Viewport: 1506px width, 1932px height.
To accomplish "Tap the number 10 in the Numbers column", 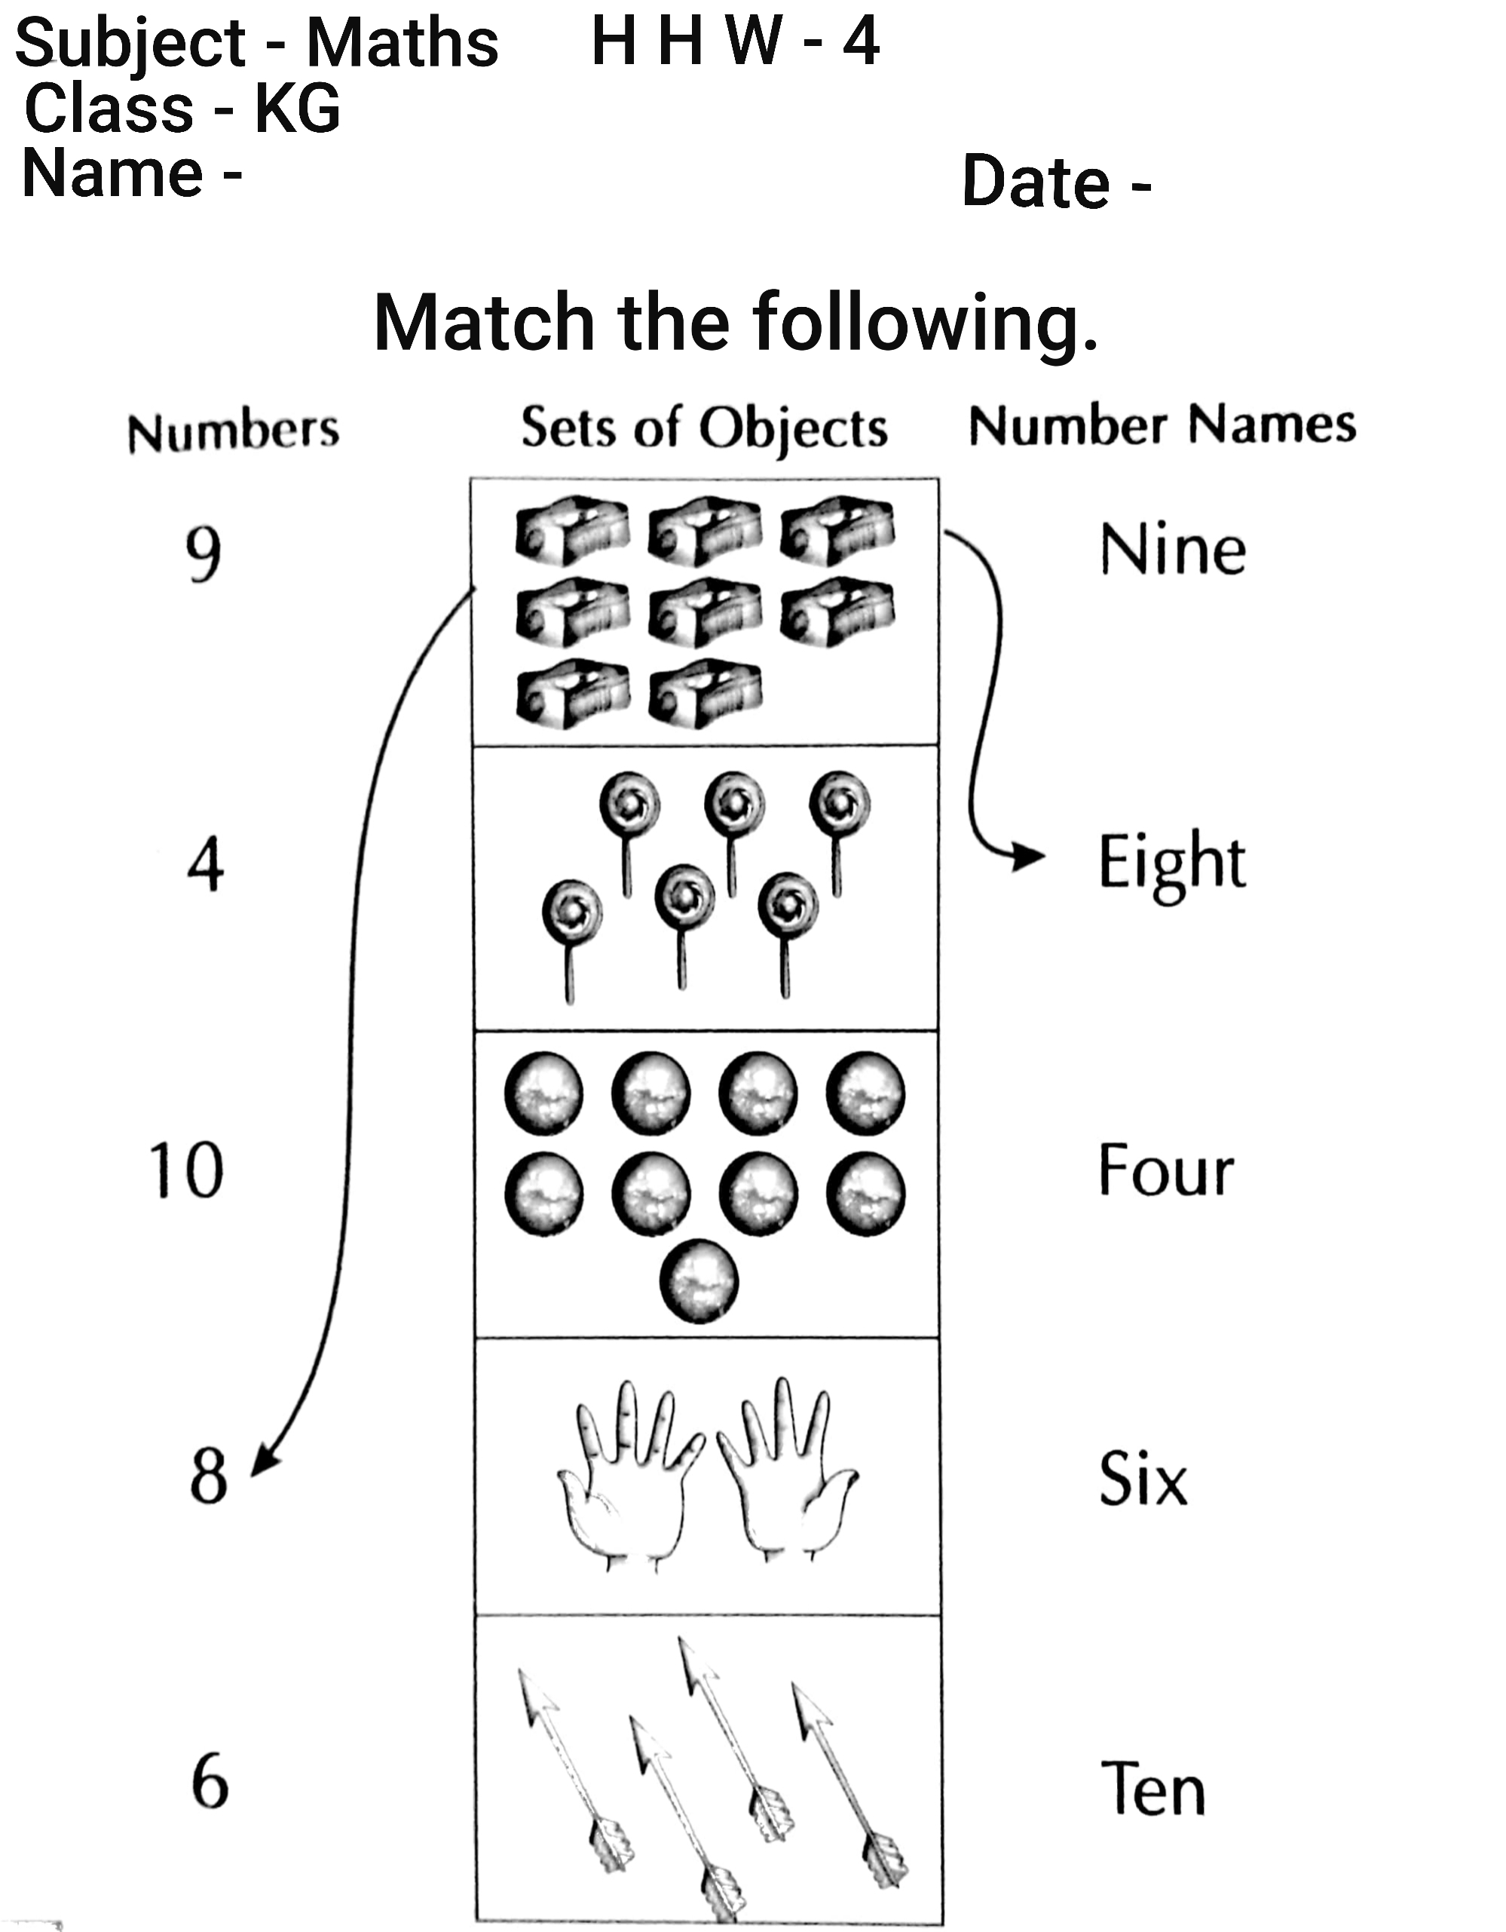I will coord(185,1170).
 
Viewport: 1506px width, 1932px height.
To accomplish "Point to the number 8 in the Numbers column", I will coord(209,1477).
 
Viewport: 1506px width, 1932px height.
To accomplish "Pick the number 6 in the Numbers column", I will coord(210,1782).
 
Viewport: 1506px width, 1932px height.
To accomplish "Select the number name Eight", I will coord(1172,863).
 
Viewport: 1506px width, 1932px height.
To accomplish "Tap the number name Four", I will coord(1165,1170).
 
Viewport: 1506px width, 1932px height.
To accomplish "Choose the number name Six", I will coord(1143,1478).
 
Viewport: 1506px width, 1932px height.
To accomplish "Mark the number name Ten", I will coord(1153,1788).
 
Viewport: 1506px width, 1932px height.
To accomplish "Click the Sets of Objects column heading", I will coord(704,428).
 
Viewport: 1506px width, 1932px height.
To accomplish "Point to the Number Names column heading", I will coord(1162,425).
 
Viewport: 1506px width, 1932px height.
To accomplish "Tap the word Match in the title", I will coord(484,322).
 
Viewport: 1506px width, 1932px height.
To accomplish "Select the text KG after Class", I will coord(297,109).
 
